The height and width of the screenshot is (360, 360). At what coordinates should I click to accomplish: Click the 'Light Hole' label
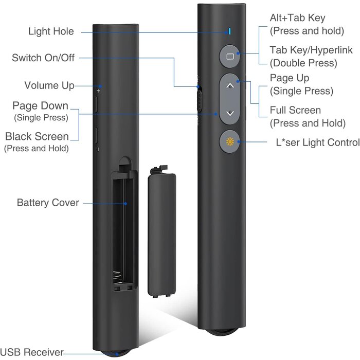coord(51,32)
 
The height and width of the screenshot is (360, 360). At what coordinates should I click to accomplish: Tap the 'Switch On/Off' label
coord(43,58)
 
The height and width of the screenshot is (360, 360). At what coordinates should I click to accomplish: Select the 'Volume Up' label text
coord(49,85)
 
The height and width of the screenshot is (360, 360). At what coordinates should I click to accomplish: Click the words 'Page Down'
coord(41,106)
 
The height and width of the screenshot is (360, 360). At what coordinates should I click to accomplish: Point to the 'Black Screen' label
coord(37,137)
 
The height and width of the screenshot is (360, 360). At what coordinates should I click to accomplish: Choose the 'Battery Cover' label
coord(48,203)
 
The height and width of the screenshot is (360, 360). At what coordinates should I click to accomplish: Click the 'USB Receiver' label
coord(32,352)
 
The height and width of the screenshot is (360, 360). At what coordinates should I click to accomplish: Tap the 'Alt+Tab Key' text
coord(297,18)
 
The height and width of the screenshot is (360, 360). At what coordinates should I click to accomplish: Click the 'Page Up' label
coord(289,78)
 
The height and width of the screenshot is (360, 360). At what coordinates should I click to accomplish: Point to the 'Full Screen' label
coord(295,110)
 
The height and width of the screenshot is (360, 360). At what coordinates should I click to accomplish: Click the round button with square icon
coord(230,56)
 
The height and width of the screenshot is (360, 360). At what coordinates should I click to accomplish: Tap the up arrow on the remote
coord(230,86)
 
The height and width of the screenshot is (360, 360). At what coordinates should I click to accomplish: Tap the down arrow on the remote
coord(230,113)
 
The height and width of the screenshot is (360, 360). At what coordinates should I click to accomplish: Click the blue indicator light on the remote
coord(230,31)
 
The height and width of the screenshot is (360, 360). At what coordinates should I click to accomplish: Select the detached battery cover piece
coord(163,231)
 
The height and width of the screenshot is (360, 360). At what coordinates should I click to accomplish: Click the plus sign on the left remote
coord(98,91)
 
